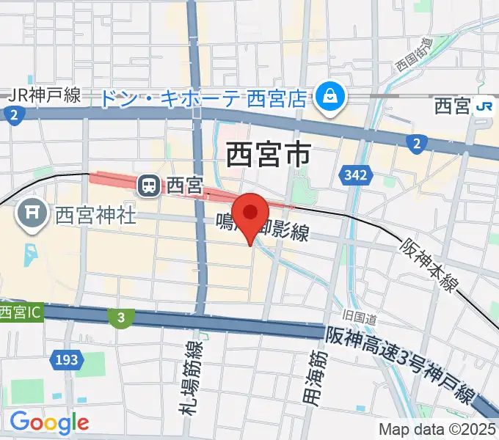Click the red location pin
pyautogui.click(x=251, y=213)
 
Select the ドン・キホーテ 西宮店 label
pyautogui.click(x=203, y=98)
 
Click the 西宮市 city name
pyautogui.click(x=268, y=155)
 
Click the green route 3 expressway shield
pyautogui.click(x=119, y=317)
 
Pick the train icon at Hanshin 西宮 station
pyautogui.click(x=150, y=186)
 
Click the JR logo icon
pyautogui.click(x=484, y=106)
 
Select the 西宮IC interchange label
pyautogui.click(x=21, y=312)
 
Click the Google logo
pyautogui.click(x=48, y=422)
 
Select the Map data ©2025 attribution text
pyautogui.click(x=437, y=429)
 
